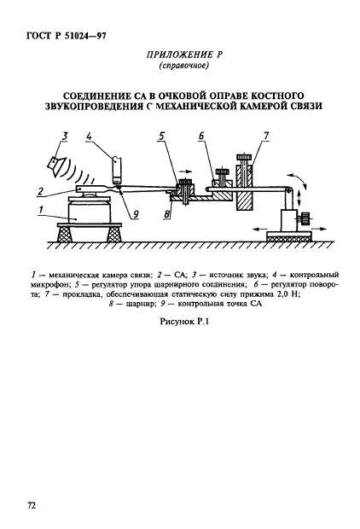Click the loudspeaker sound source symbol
coord(55,165)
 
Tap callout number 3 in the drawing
coord(65,137)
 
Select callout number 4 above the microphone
coord(89,137)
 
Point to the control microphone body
coord(116,170)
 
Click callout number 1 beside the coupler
coord(41,210)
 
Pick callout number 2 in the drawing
coord(41,192)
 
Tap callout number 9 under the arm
coord(136,213)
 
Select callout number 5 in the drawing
coord(162,137)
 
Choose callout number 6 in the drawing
coord(201,137)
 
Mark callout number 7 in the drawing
coord(266,137)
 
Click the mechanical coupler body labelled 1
coord(90,211)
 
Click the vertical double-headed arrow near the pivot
coord(299,200)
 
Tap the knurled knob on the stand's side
coord(305,218)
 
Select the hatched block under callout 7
coord(245,202)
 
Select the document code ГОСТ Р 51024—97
coord(67,35)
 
